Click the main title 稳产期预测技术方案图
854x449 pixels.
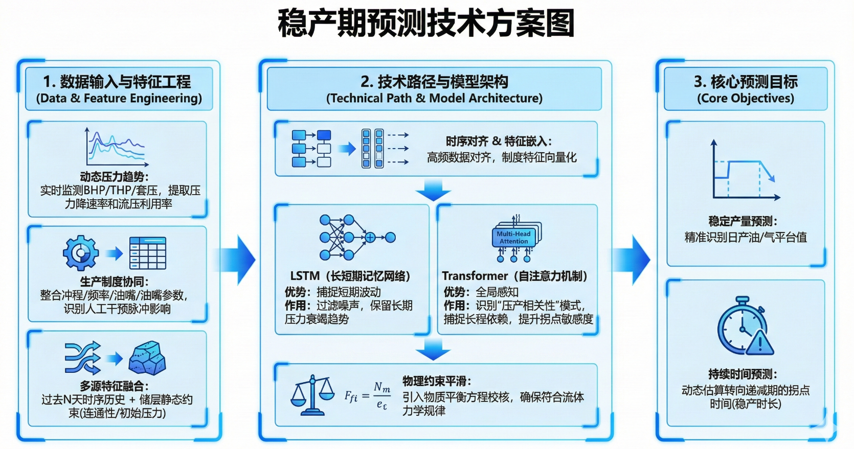[x=426, y=23]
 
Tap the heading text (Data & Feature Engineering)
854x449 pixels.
[x=119, y=98]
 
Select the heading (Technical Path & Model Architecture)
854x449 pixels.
[x=434, y=98]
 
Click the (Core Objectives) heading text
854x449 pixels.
[x=745, y=98]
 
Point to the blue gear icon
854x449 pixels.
[x=81, y=253]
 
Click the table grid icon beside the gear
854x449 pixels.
[x=148, y=253]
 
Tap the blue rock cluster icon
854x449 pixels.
[x=147, y=358]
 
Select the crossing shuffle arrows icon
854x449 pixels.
[x=82, y=358]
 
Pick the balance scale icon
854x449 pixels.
[x=312, y=394]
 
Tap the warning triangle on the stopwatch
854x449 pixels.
[x=760, y=343]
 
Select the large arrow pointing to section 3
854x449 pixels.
[x=633, y=260]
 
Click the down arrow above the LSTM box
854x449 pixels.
[x=433, y=191]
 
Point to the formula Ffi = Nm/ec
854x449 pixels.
[x=367, y=395]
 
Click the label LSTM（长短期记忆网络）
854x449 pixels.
[x=351, y=276]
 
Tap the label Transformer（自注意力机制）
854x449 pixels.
[x=515, y=276]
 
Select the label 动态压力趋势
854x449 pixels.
[x=114, y=177]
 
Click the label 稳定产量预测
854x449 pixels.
[x=743, y=221]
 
